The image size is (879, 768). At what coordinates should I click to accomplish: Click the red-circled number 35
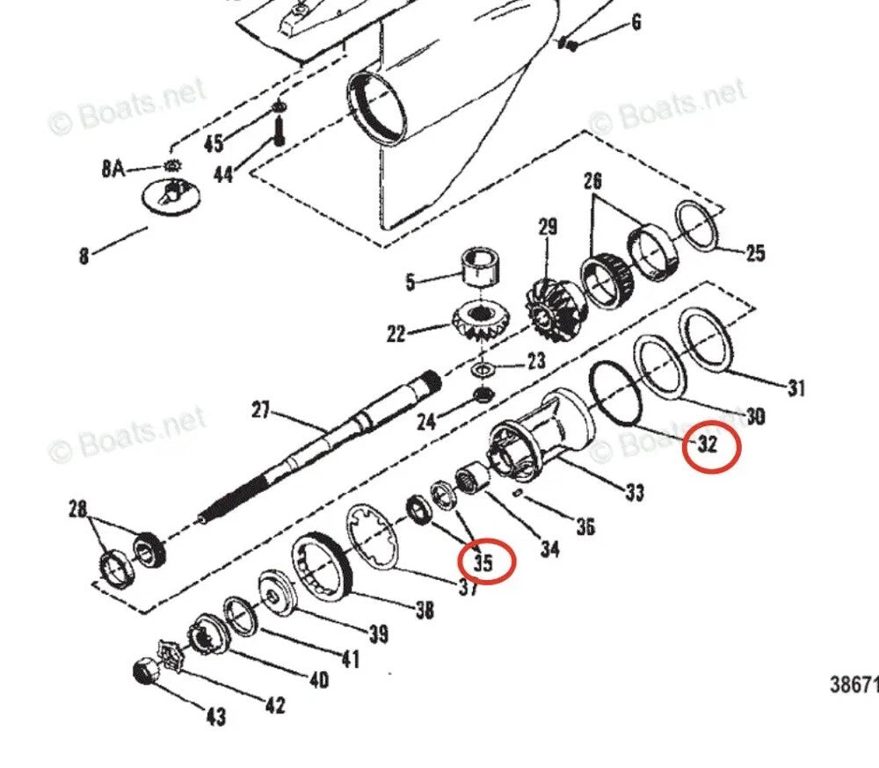tap(484, 562)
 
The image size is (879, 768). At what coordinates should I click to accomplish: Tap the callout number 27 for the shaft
tap(261, 410)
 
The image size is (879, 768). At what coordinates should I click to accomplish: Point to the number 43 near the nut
tap(214, 717)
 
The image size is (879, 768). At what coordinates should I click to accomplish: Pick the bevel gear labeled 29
tap(549, 308)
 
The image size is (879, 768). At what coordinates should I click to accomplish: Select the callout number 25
tap(756, 254)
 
